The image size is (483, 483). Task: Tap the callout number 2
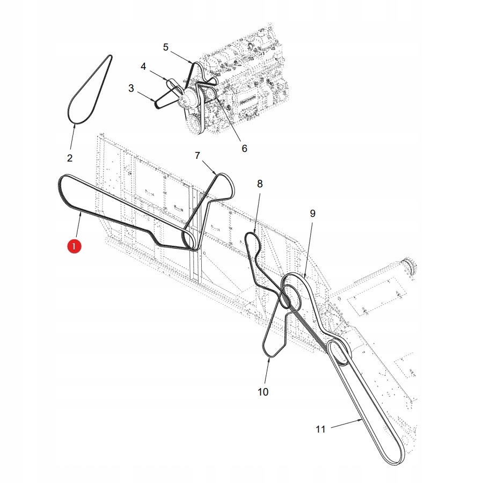click(69, 158)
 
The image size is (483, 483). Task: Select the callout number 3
click(131, 88)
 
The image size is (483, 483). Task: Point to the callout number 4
click(143, 66)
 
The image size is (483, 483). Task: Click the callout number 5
click(166, 47)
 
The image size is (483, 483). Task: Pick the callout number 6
click(244, 148)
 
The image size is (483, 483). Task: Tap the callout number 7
click(197, 156)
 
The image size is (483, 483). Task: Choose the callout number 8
click(260, 184)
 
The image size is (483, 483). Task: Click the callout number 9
click(312, 213)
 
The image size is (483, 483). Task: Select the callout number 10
click(262, 392)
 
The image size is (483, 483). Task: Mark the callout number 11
click(320, 429)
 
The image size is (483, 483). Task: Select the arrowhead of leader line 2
click(75, 123)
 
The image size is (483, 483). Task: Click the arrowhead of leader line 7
click(217, 175)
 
